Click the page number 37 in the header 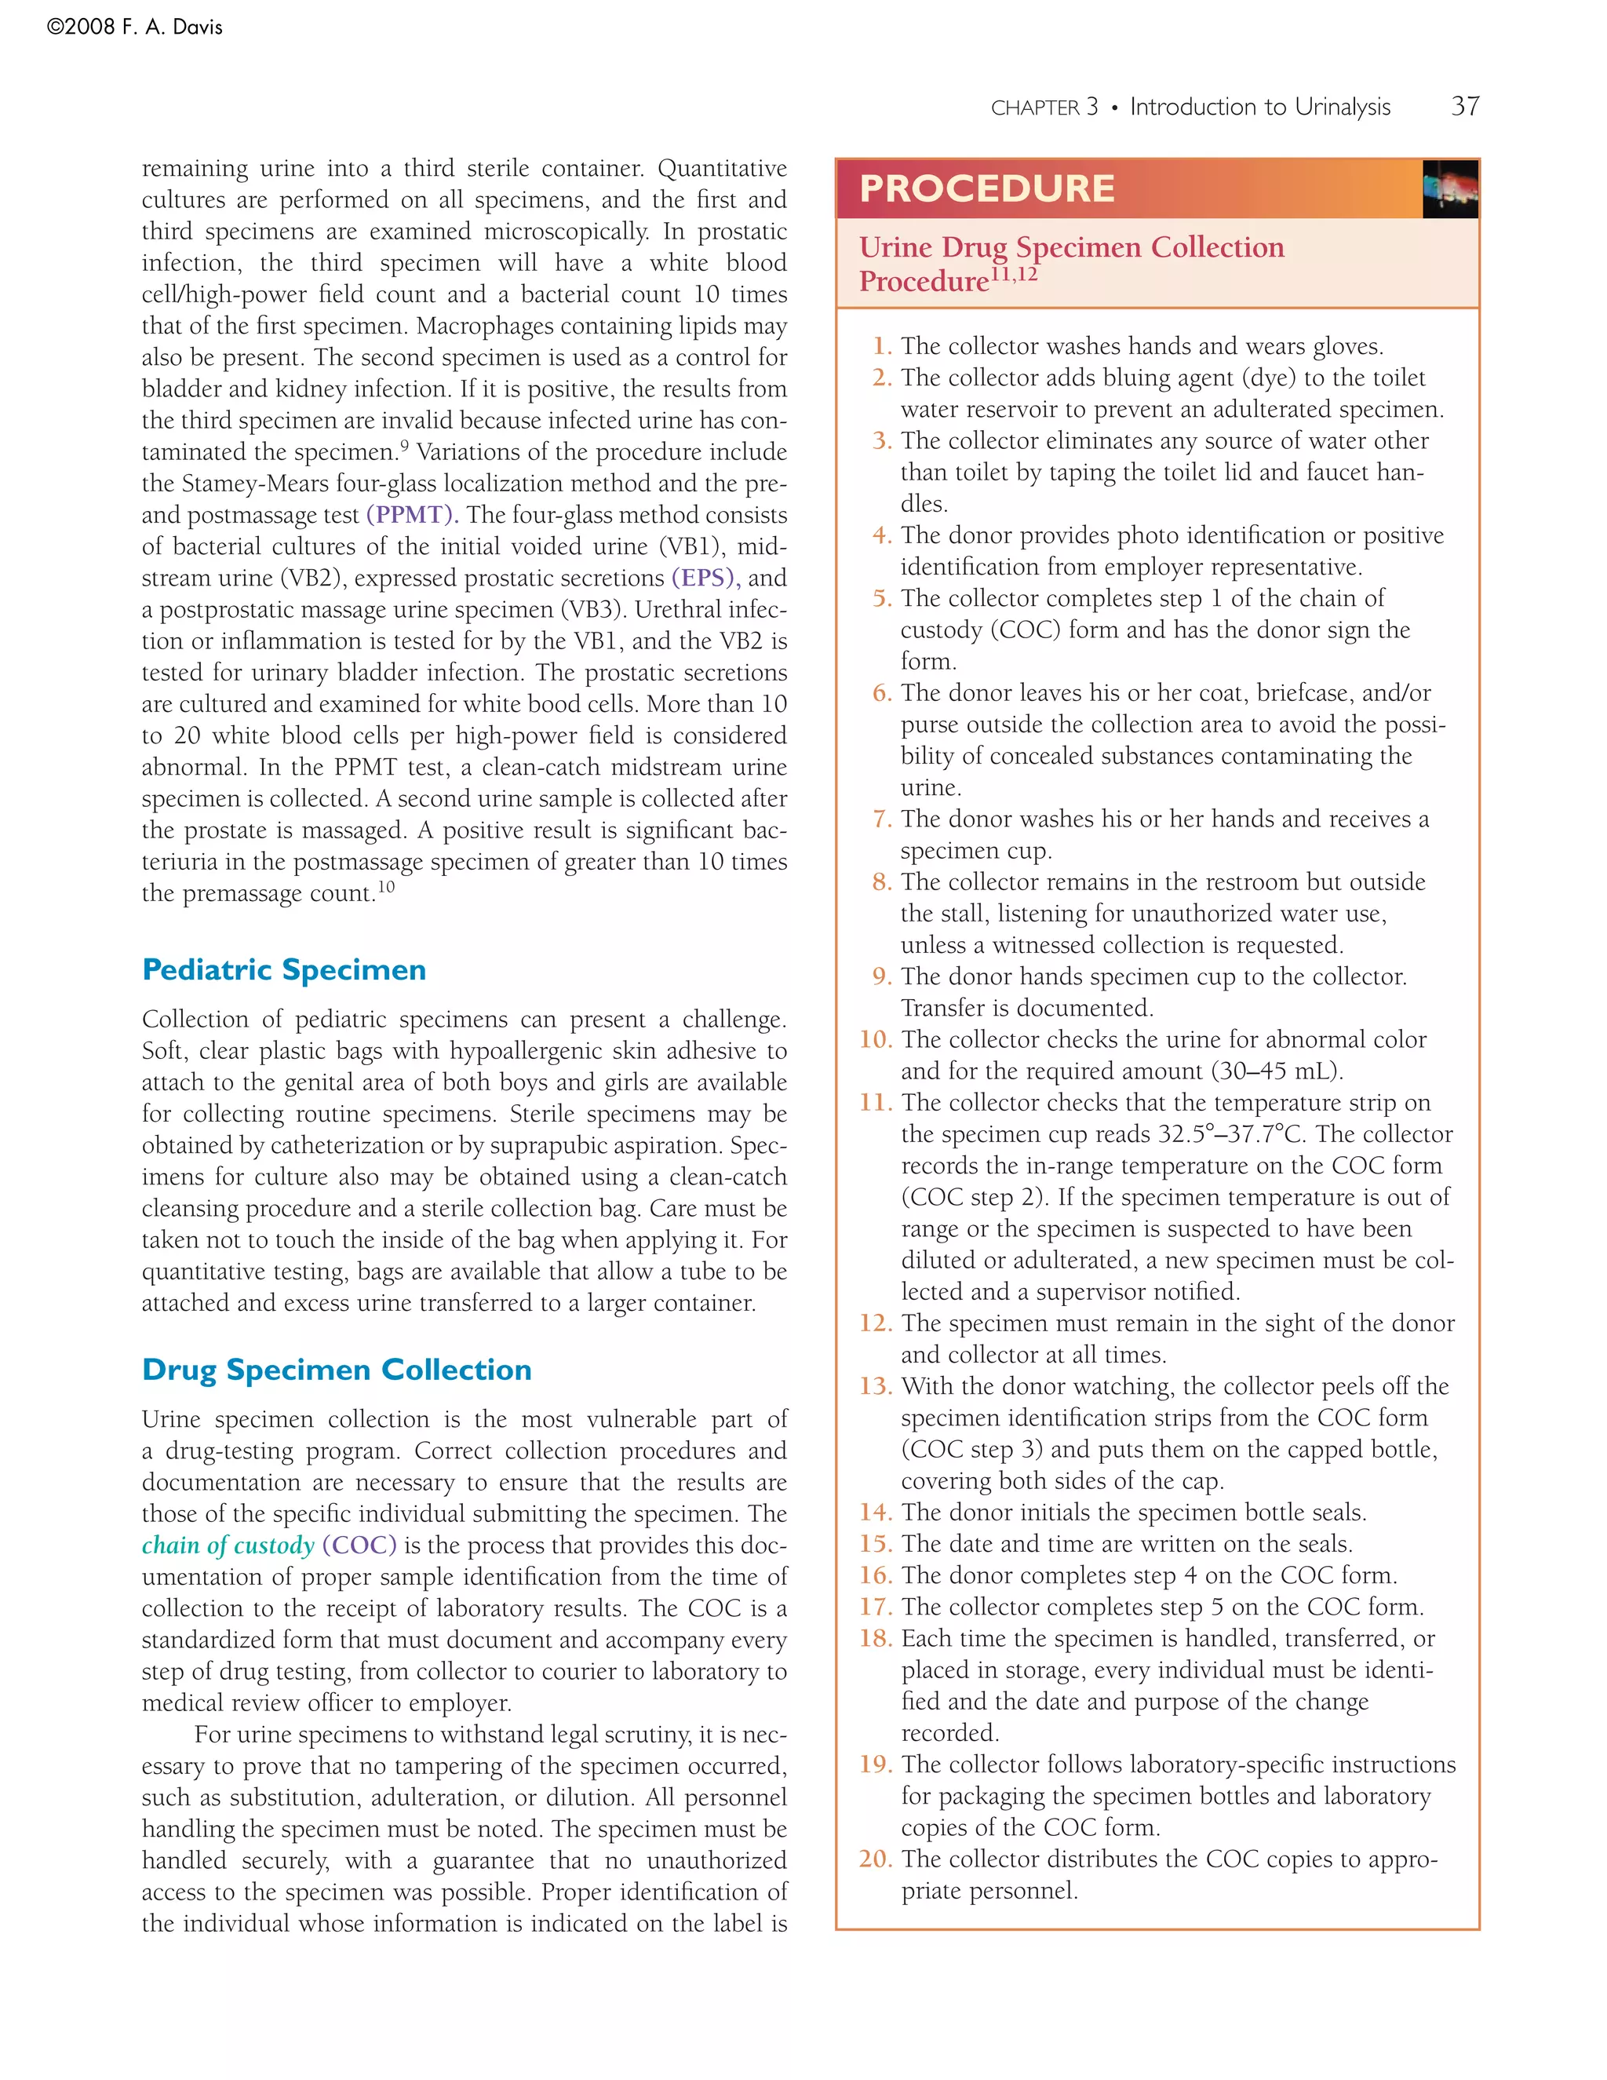(1464, 106)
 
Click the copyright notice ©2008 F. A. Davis (134, 27)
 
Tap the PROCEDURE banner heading (986, 188)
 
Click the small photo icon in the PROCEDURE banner (1449, 189)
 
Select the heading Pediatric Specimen (284, 969)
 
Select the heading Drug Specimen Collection (336, 1370)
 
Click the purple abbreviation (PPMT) (412, 515)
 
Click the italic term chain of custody (228, 1545)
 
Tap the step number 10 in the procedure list (875, 1039)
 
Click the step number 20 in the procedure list (875, 1859)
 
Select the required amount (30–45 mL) (1277, 1071)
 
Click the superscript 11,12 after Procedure (1014, 276)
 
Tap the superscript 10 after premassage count (385, 888)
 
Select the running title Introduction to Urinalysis (1259, 107)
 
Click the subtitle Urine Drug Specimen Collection (1071, 247)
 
